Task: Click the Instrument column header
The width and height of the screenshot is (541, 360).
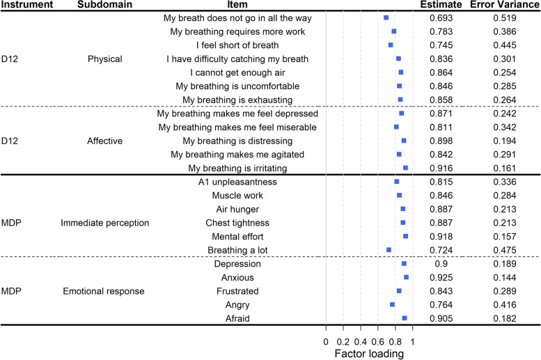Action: pyautogui.click(x=27, y=6)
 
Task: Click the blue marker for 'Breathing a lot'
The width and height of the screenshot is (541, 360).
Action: pyautogui.click(x=389, y=249)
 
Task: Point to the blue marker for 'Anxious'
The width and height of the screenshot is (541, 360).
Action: pyautogui.click(x=407, y=277)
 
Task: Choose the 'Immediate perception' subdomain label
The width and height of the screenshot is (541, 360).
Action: pyautogui.click(x=105, y=223)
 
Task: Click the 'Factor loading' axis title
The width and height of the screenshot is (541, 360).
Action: pyautogui.click(x=369, y=353)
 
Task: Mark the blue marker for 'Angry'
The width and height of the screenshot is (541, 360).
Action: pyautogui.click(x=393, y=304)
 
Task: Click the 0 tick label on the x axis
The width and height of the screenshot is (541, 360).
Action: pyautogui.click(x=326, y=341)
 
